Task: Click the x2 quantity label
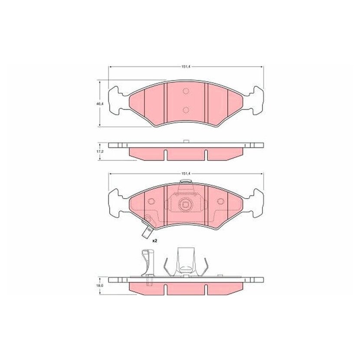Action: click(x=155, y=241)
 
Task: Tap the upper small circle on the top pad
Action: click(x=186, y=91)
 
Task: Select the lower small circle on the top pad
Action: click(x=186, y=110)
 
